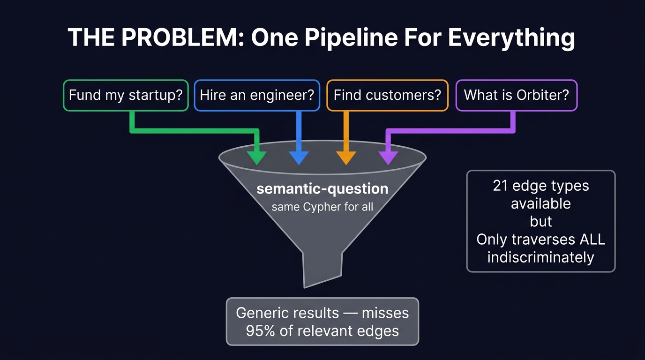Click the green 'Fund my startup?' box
click(x=126, y=95)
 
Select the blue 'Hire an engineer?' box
click(x=257, y=95)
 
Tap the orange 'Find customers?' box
click(x=387, y=95)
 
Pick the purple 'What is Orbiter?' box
click(x=516, y=95)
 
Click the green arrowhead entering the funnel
click(x=257, y=157)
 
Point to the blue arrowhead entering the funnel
click(x=299, y=157)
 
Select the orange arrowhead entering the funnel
click(x=346, y=157)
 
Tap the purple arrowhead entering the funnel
click(x=388, y=157)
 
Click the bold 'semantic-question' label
click(x=322, y=189)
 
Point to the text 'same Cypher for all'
click(x=322, y=207)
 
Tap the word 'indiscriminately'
click(x=540, y=257)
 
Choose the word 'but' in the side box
click(x=541, y=222)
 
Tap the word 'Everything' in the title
click(x=511, y=37)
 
